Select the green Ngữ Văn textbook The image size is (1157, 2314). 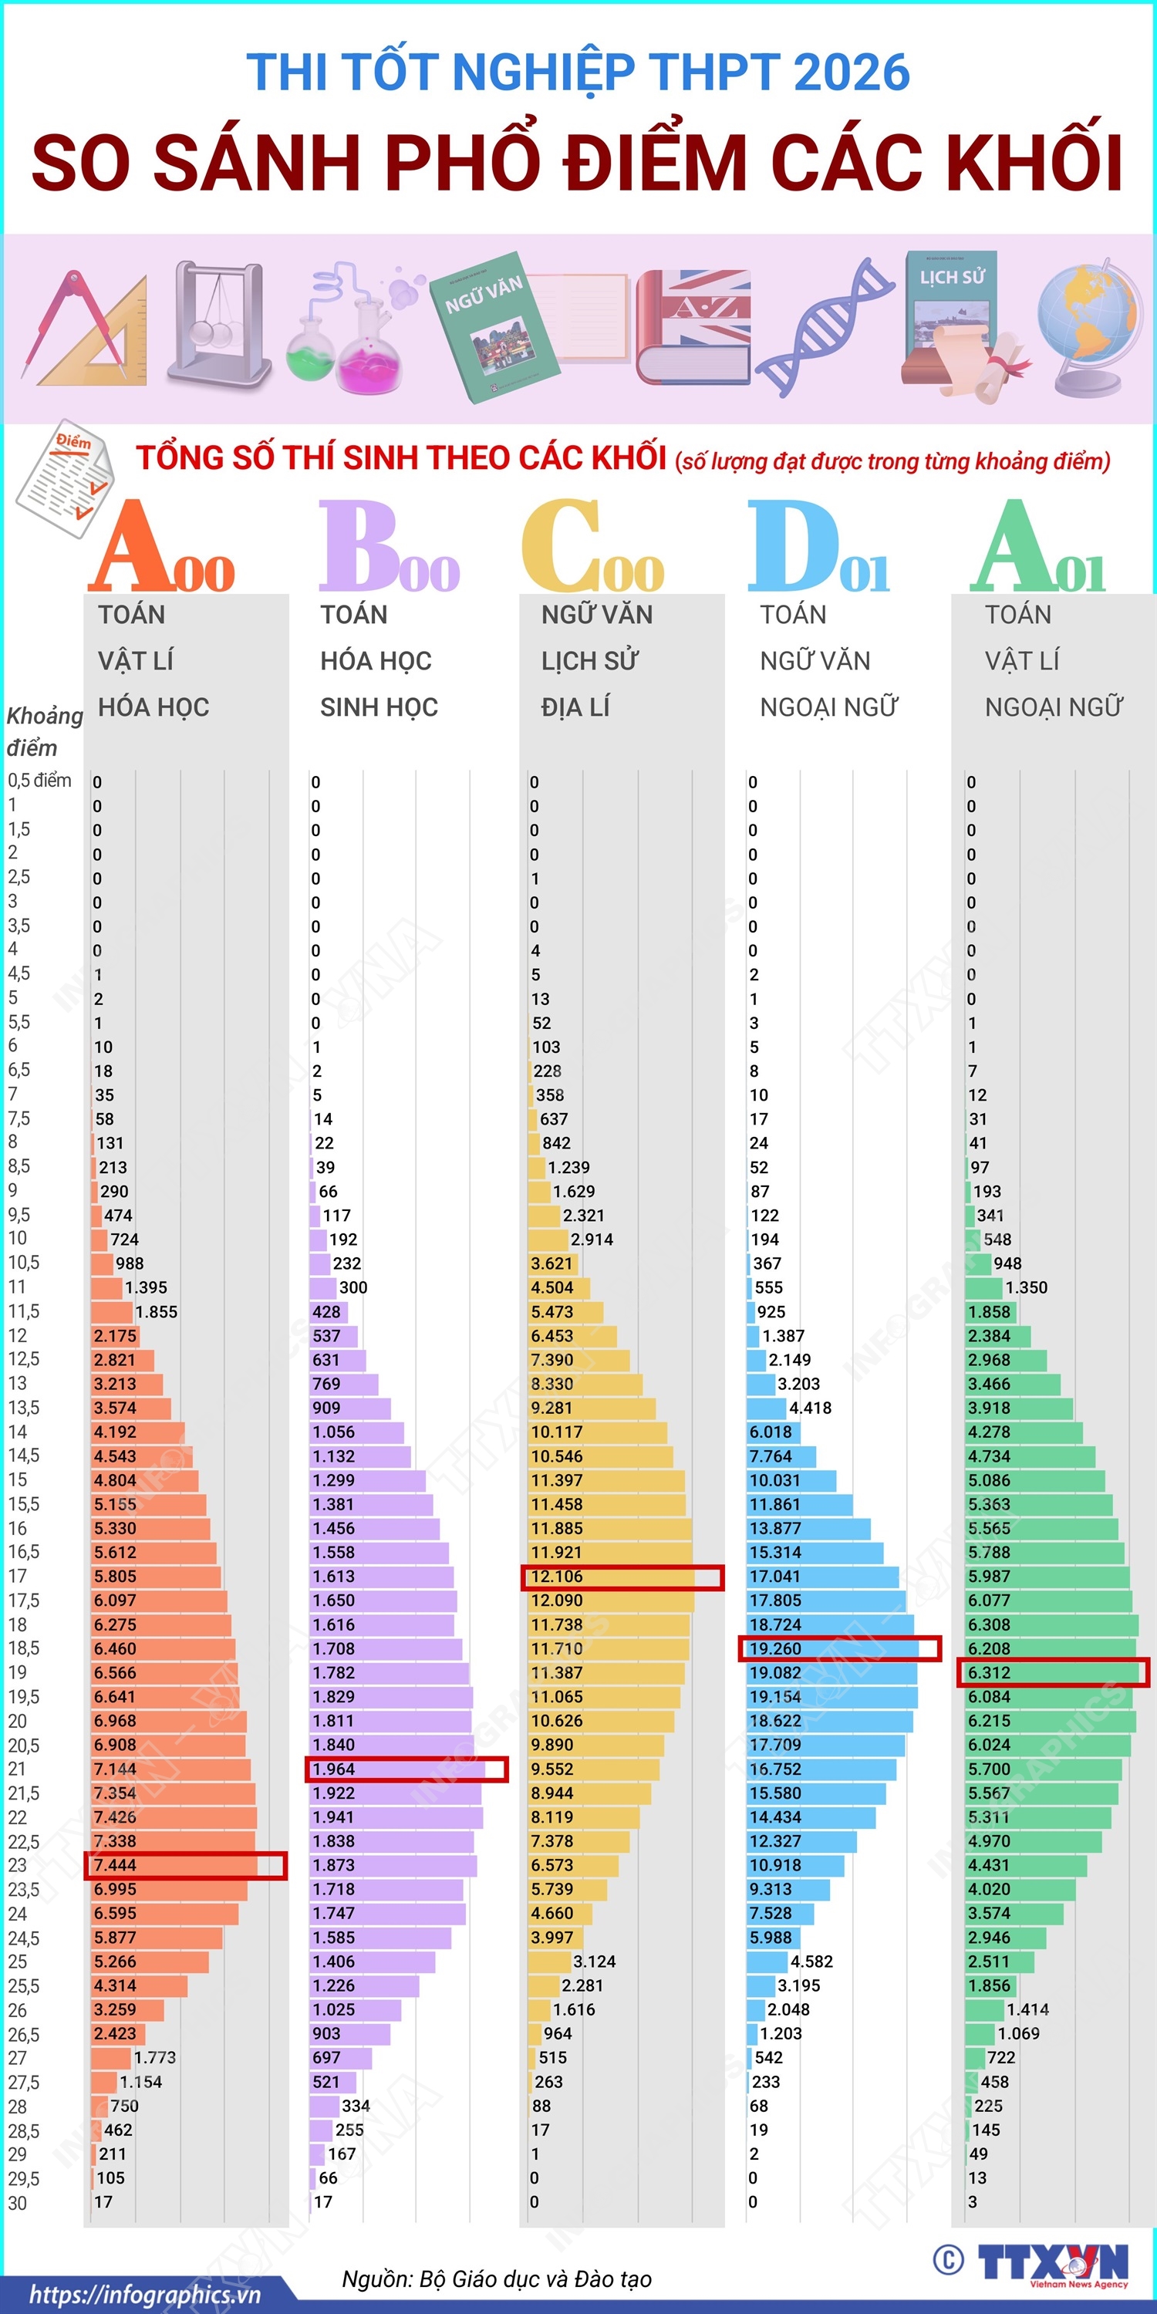493,333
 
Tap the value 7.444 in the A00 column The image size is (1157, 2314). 115,1865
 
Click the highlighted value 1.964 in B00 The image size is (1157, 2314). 333,1769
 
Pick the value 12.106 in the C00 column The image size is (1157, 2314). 556,1577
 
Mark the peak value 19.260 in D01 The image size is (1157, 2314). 774,1648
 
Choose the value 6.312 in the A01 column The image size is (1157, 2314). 989,1672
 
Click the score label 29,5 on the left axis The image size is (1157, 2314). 23,2177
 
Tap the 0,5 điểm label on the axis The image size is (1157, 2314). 39,780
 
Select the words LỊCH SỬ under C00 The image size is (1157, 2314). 589,660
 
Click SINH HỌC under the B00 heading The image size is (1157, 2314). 379,707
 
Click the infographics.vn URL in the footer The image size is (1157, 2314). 146,2295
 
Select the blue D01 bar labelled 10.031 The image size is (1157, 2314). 791,1479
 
